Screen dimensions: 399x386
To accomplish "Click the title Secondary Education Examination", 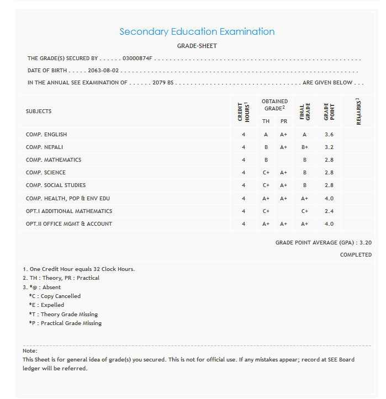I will point(197,31).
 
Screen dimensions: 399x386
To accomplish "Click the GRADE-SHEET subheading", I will point(197,46).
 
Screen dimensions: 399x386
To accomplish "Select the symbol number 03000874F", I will point(138,58).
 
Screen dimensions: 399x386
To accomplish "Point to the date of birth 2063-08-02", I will point(103,71).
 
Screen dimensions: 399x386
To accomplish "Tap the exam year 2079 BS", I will point(163,83).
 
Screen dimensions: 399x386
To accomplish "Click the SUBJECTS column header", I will point(39,111).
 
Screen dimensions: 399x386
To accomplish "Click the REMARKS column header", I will point(358,111).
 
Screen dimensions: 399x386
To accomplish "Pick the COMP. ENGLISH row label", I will point(46,135).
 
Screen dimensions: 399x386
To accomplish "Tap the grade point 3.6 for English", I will point(329,135).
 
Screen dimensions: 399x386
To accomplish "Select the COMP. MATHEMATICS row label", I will point(54,160).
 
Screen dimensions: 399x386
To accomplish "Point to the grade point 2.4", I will point(329,211).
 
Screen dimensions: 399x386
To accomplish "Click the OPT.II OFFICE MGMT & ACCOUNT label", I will point(69,224).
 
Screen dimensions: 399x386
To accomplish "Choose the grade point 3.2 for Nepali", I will point(329,147).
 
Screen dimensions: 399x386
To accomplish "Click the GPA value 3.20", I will point(366,242).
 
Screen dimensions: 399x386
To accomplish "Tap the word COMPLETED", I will point(356,255).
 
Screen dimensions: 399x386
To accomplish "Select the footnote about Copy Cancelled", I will point(55,296).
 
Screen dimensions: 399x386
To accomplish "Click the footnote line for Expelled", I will point(46,305).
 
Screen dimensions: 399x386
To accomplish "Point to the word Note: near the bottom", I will point(30,351).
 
